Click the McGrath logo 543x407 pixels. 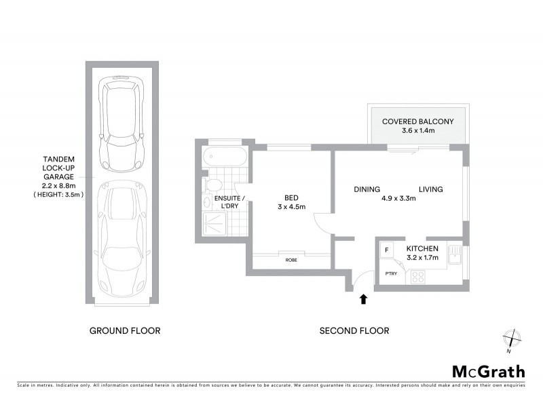pyautogui.click(x=488, y=371)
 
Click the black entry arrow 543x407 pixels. pyautogui.click(x=364, y=298)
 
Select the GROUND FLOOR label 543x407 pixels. pyautogui.click(x=125, y=331)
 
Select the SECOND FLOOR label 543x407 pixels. pyautogui.click(x=354, y=331)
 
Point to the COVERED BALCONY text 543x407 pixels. pyautogui.click(x=417, y=122)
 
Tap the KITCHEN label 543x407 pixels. pyautogui.click(x=422, y=249)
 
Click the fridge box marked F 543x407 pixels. pyautogui.click(x=387, y=250)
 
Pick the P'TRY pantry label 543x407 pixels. pyautogui.click(x=390, y=273)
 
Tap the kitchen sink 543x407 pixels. pyautogui.click(x=453, y=254)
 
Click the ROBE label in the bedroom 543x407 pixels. pyautogui.click(x=291, y=260)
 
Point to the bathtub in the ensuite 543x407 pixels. pyautogui.click(x=225, y=158)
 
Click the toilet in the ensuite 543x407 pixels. pyautogui.click(x=213, y=185)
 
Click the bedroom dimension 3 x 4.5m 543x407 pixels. pyautogui.click(x=292, y=208)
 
